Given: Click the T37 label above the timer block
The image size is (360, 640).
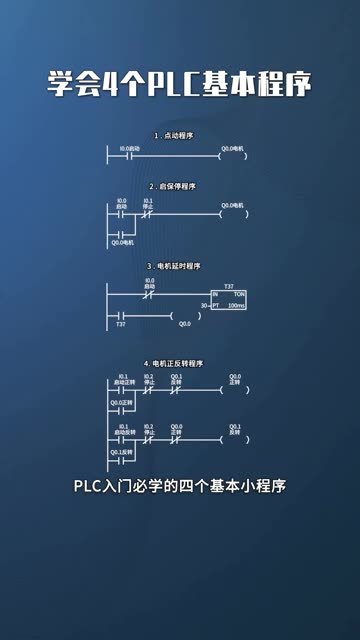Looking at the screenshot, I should (x=229, y=286).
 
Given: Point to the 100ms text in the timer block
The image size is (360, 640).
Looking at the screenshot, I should (x=236, y=306).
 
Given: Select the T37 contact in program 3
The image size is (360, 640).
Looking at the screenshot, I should (x=121, y=317).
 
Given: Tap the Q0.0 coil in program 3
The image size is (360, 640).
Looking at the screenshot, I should (x=184, y=317).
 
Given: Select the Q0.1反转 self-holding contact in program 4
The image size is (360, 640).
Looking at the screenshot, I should (x=121, y=461).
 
